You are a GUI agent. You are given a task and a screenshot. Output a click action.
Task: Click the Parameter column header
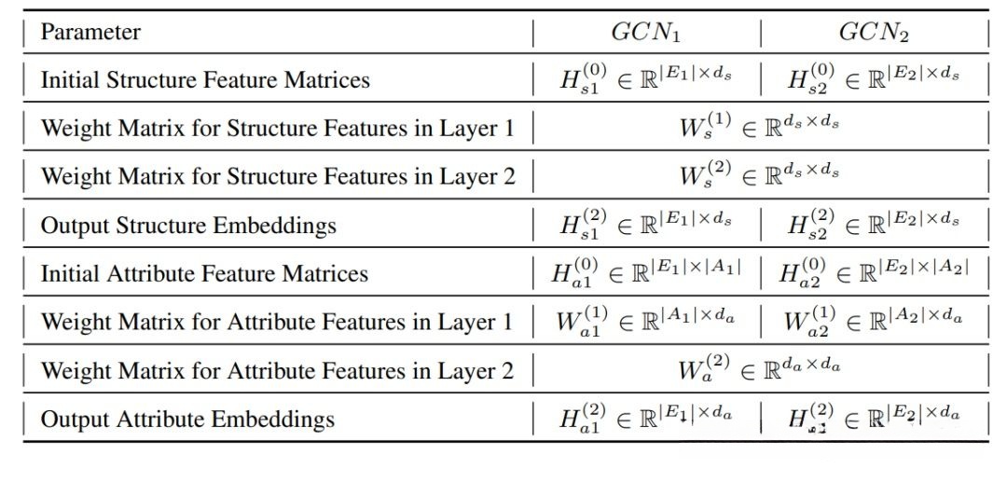coord(90,33)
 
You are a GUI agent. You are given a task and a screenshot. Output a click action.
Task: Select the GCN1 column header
coord(645,33)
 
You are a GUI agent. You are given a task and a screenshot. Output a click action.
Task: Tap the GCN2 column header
coord(874,33)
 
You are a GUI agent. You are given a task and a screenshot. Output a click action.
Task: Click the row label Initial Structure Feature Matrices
coord(205,80)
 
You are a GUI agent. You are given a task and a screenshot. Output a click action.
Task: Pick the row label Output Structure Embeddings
coord(188,226)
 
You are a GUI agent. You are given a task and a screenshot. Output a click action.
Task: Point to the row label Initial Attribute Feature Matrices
coord(204,274)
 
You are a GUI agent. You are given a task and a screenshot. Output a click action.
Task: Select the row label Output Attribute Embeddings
coord(187,420)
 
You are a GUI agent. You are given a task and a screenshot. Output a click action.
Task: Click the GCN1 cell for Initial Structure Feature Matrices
coord(645,80)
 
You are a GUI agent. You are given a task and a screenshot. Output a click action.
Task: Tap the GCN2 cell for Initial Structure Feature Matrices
coord(874,80)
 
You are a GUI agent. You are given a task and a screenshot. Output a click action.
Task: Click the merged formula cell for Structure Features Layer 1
coord(759,129)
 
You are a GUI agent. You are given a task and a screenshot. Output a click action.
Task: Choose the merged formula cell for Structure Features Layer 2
coord(759,177)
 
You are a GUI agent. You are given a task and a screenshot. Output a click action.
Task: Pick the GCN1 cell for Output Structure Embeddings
coord(645,226)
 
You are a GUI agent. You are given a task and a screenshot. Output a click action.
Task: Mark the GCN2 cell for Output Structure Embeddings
coord(874,226)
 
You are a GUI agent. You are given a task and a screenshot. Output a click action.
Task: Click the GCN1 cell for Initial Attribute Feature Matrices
coord(646,274)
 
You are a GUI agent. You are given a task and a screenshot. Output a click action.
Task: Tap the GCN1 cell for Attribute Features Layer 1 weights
coord(646,323)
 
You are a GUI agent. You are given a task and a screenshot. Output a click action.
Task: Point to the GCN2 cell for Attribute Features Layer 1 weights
coord(874,323)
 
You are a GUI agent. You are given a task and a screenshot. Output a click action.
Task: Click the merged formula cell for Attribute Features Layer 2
coord(759,371)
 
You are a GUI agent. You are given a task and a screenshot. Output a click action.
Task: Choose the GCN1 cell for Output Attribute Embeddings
coord(645,420)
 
